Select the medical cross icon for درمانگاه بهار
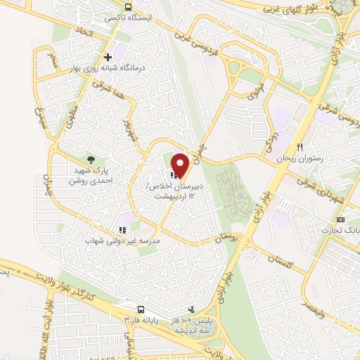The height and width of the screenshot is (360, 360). pyautogui.click(x=108, y=57)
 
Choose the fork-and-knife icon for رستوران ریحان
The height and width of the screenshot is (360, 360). pyautogui.click(x=300, y=148)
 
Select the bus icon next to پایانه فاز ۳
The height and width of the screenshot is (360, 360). pyautogui.click(x=141, y=310)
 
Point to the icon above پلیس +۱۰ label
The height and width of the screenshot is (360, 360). pyautogui.click(x=191, y=309)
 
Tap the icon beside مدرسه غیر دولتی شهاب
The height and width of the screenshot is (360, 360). pyautogui.click(x=122, y=229)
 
